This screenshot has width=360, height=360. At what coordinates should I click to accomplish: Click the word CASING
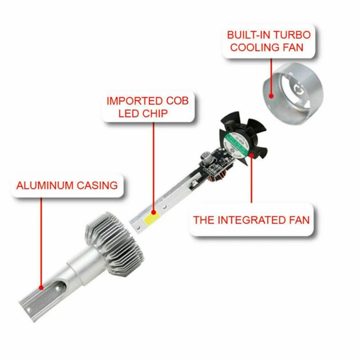(x=100, y=185)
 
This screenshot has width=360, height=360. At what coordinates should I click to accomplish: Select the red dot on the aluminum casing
(x=41, y=287)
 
